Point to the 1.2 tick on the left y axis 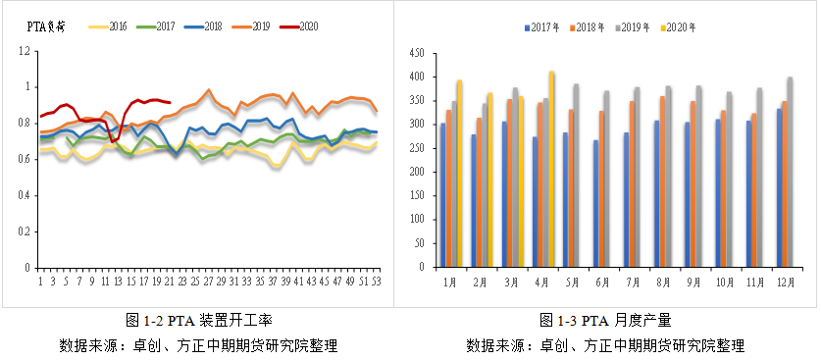click(x=28, y=50)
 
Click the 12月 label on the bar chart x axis click(x=785, y=282)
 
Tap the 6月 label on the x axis click(x=602, y=282)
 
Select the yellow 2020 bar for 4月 click(x=551, y=169)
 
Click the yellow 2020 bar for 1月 click(x=459, y=174)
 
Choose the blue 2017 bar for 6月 click(x=595, y=203)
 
